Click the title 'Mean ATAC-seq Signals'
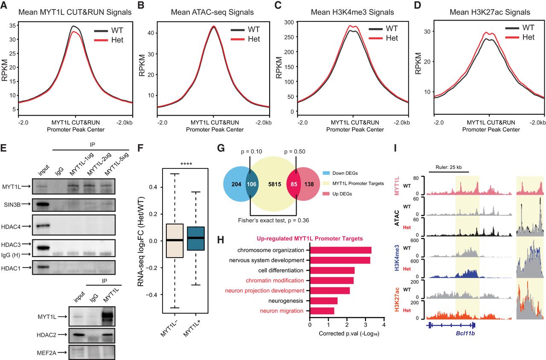(212, 12)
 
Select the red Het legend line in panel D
(512, 38)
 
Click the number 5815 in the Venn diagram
(275, 184)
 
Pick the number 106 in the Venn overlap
(252, 184)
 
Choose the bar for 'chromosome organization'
(340, 250)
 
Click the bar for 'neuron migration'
(322, 311)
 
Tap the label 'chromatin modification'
(275, 281)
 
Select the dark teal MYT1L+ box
(196, 238)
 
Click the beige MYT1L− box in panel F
(175, 241)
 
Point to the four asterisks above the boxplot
(186, 164)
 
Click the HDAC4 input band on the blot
(43, 226)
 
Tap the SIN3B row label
(12, 205)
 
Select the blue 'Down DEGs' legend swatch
(326, 173)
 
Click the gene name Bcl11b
(465, 333)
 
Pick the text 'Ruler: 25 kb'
(448, 167)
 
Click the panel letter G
(221, 148)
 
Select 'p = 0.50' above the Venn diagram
(295, 151)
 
